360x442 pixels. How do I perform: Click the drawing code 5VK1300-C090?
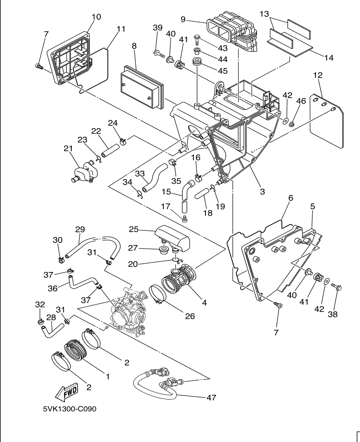(70, 409)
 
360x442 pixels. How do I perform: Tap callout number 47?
(211, 397)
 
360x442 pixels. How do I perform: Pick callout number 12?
(318, 75)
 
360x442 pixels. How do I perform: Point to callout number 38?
(333, 314)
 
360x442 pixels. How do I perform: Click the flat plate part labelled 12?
(327, 120)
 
